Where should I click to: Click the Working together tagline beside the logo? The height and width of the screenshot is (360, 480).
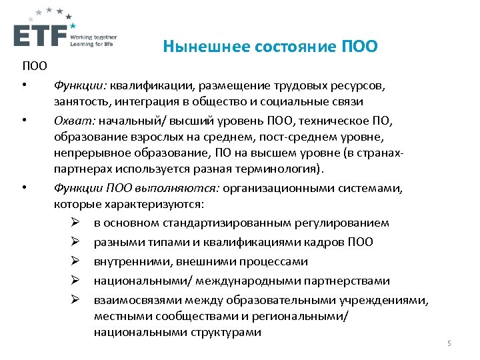point(93,37)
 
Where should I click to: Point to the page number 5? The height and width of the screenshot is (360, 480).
point(449,343)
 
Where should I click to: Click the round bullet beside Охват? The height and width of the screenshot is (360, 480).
point(23,119)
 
